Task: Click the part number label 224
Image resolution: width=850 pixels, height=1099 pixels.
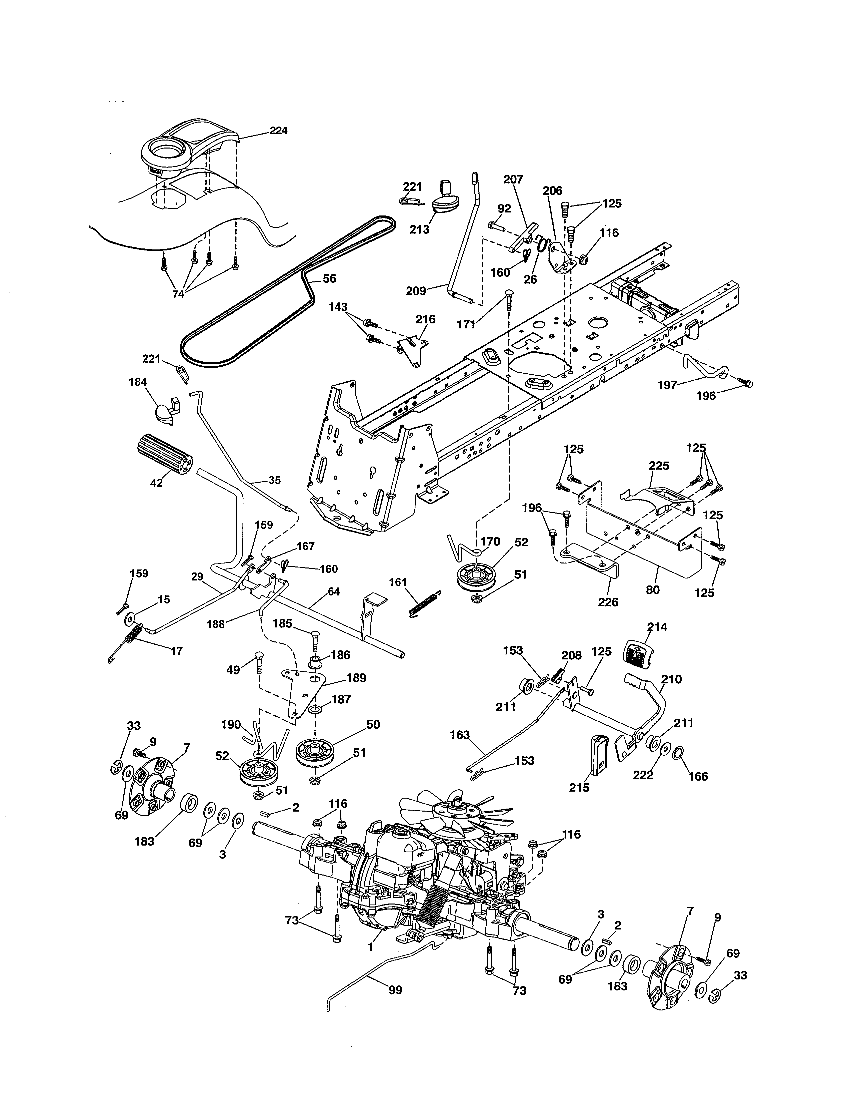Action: pyautogui.click(x=278, y=131)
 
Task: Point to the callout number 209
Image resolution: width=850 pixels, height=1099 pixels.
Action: pyautogui.click(x=416, y=291)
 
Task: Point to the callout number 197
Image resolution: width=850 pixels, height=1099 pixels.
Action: pyautogui.click(x=668, y=385)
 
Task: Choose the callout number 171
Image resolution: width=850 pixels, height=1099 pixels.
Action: pyautogui.click(x=466, y=325)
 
